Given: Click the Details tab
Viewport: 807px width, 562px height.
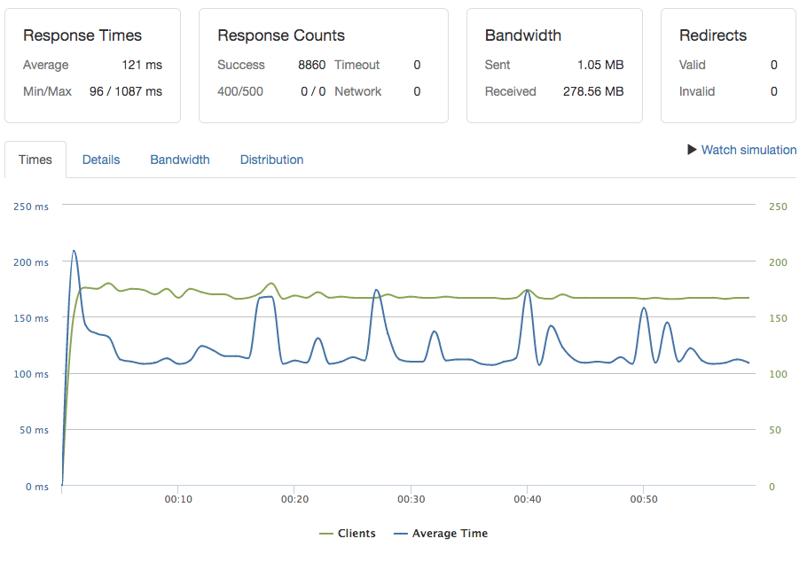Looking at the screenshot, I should point(101,160).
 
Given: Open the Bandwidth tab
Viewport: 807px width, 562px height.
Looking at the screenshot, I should point(180,160).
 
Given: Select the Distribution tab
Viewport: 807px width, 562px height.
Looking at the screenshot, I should point(271,160).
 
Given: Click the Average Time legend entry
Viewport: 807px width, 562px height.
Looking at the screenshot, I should point(441,534).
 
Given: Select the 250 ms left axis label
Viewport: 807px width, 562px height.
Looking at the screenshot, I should point(31,207).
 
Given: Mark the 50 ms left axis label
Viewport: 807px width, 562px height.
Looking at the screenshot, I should point(34,430).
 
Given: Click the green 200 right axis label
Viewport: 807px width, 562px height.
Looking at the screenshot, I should point(778,262).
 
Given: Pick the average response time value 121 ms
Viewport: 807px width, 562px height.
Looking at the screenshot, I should point(142,65).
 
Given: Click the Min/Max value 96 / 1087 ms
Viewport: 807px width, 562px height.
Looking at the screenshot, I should point(126,91).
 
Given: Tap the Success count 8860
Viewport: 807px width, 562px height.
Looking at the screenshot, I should point(311,65).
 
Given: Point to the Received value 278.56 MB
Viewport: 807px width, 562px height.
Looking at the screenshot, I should point(593,91).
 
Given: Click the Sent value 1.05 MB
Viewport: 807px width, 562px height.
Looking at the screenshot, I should point(601,65).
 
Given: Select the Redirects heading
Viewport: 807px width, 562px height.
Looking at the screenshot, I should point(713,35).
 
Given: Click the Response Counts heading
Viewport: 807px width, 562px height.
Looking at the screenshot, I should point(281,35).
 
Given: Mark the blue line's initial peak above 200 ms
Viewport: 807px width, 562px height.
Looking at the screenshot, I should point(74,251).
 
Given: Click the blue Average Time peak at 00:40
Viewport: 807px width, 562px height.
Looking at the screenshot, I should point(528,290).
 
